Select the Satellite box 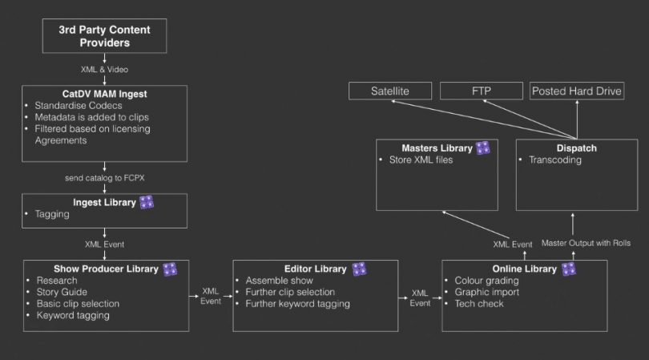coord(389,91)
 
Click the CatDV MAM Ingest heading coord(104,94)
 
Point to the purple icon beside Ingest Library coord(146,201)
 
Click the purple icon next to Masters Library coord(483,148)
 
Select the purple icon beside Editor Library coord(359,269)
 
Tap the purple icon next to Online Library coord(568,269)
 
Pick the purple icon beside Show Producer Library coord(170,269)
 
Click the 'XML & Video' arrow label coord(104,69)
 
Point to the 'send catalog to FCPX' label coord(104,175)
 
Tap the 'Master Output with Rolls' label coord(586,242)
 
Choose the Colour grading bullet coord(487,281)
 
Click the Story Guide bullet coord(63,292)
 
